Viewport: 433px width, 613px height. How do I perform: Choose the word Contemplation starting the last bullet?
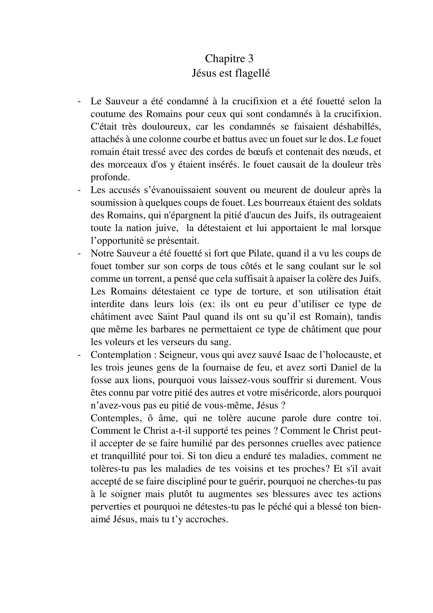click(x=121, y=355)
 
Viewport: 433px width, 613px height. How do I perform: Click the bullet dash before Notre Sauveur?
click(x=79, y=253)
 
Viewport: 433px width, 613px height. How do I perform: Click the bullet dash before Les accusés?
click(x=79, y=190)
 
